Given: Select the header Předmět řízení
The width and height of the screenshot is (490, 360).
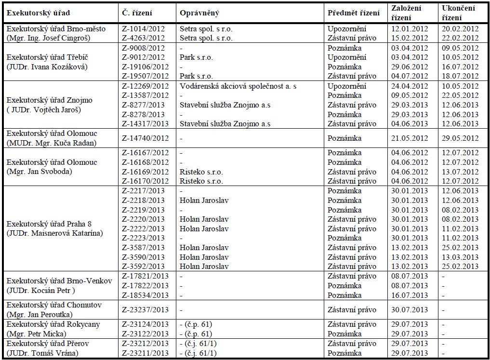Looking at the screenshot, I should [353, 13].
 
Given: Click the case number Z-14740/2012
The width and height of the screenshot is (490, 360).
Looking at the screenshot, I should [146, 138].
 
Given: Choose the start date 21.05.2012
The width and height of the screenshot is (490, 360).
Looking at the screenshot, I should [410, 138].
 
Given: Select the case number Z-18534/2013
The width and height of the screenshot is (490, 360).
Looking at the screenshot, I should [146, 295].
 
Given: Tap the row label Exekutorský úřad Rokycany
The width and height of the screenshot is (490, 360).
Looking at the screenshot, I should [53, 324].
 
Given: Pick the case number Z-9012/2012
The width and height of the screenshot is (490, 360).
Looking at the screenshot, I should [144, 57].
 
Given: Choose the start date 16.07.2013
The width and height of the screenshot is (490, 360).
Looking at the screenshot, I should [410, 295].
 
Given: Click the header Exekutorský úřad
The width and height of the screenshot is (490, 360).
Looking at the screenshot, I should [34, 13].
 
